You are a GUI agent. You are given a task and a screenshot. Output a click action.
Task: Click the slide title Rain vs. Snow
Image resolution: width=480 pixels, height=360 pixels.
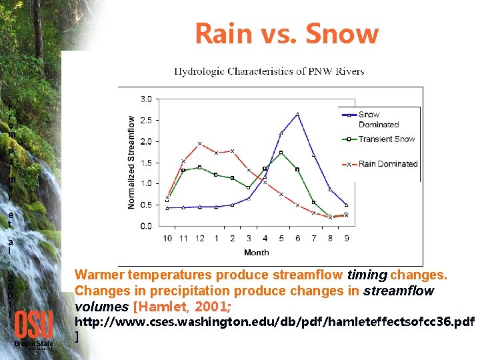(x=286, y=33)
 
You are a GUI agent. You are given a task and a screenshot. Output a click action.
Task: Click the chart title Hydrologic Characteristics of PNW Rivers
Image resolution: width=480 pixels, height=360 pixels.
(x=269, y=71)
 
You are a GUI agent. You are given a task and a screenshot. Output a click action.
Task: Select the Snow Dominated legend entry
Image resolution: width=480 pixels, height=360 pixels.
(x=378, y=119)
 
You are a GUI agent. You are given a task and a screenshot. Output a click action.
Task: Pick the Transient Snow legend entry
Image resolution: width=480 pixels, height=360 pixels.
(x=386, y=139)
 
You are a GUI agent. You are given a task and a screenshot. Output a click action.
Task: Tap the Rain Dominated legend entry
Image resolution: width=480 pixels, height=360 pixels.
(x=387, y=163)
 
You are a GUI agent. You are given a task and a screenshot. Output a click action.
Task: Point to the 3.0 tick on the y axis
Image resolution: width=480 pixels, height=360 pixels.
(x=145, y=99)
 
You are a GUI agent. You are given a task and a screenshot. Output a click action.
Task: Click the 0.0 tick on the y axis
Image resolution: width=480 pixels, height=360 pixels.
(x=145, y=226)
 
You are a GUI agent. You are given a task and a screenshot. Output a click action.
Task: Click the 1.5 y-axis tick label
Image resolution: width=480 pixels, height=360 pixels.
(x=145, y=163)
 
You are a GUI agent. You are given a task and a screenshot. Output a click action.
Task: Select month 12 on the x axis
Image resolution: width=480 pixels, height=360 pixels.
(x=199, y=238)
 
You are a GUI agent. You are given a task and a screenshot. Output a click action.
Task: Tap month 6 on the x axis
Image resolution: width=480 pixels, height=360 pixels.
(x=297, y=238)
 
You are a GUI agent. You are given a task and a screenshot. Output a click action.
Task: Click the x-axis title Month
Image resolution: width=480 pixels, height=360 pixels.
(x=256, y=252)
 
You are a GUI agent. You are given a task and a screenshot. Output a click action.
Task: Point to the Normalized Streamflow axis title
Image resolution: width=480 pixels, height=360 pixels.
(x=131, y=163)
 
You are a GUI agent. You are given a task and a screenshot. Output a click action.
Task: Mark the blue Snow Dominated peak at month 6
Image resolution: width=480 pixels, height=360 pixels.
(x=297, y=114)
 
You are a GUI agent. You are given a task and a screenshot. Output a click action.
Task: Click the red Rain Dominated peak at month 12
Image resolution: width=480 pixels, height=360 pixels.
(x=199, y=143)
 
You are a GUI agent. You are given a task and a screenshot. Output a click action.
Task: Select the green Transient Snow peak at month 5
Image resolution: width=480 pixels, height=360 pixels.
(x=281, y=153)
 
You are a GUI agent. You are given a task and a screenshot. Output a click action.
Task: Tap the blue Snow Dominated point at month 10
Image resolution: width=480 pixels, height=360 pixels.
(x=167, y=207)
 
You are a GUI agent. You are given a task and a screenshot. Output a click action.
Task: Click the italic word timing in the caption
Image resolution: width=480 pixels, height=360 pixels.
(x=368, y=275)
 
